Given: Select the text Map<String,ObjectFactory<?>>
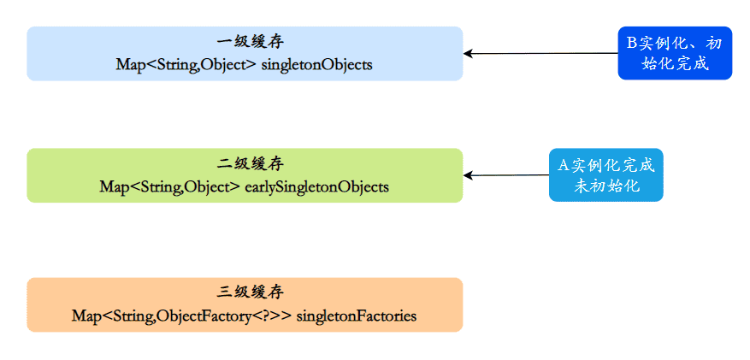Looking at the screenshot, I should [x=182, y=316].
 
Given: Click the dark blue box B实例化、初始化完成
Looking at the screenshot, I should [x=675, y=53].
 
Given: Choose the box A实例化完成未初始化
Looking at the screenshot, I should [x=606, y=175].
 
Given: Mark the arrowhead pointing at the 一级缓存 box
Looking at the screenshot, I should [x=469, y=53].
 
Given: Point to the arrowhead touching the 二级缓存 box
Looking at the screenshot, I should [x=469, y=175].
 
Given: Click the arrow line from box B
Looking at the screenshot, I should [x=547, y=53].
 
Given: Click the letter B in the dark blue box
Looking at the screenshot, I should [x=633, y=42].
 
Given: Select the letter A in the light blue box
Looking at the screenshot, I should [x=564, y=165].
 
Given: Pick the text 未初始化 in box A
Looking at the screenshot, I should [x=606, y=186].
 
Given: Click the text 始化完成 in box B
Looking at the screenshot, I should [x=675, y=64].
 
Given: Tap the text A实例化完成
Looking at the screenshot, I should [x=606, y=165].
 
